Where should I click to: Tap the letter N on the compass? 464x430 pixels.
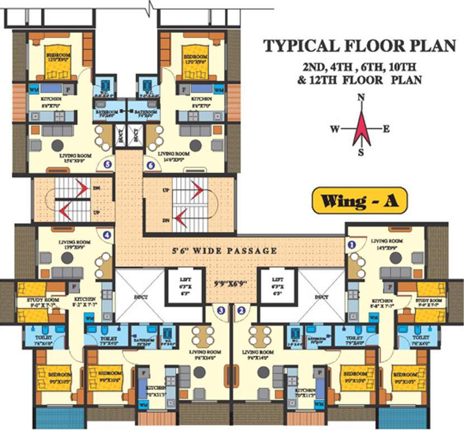coord(361,97)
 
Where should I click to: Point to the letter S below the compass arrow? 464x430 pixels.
coord(361,151)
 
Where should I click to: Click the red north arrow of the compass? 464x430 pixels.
coord(361,128)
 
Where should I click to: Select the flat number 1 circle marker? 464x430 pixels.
coord(352,245)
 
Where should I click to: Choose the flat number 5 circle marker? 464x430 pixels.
coord(107,165)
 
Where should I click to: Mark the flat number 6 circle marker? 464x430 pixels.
coord(150,165)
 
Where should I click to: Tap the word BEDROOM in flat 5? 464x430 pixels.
coord(58,55)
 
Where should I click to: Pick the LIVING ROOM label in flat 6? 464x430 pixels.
coord(174,153)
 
